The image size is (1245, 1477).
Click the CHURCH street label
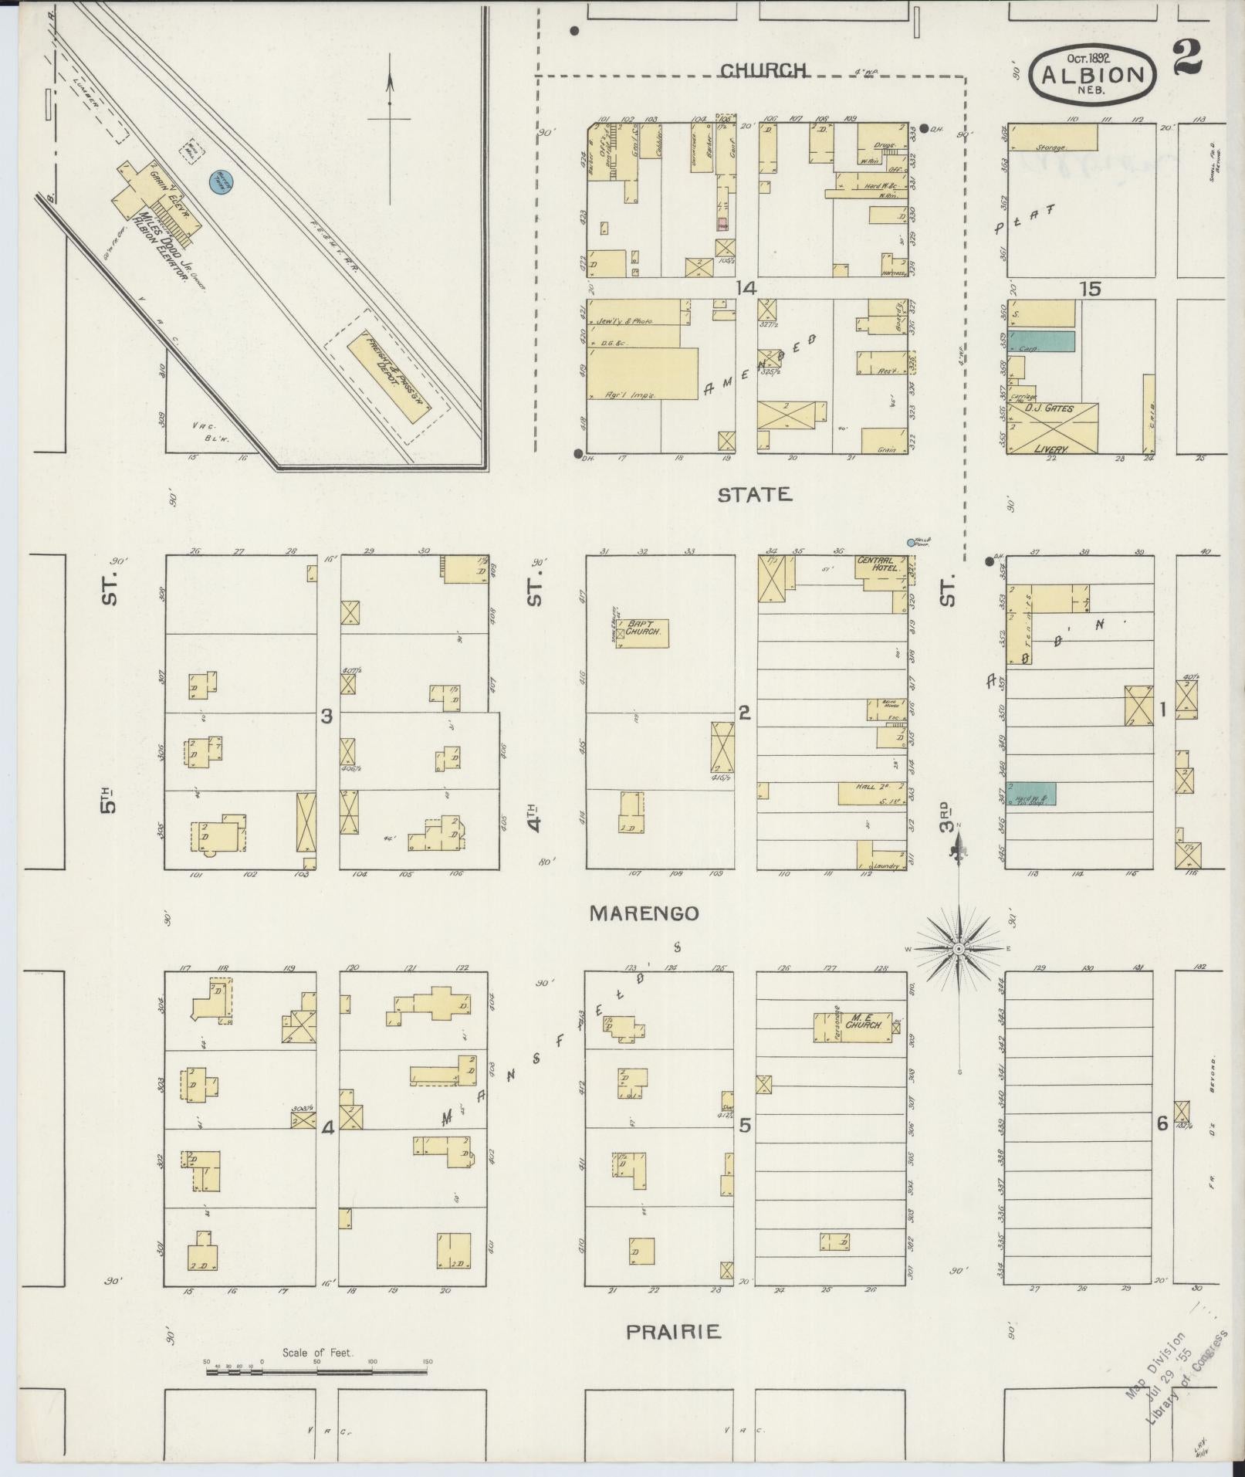[x=763, y=70]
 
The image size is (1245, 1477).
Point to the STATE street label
[x=755, y=495]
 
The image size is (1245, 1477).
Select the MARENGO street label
[x=644, y=913]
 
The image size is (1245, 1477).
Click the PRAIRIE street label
[x=673, y=1332]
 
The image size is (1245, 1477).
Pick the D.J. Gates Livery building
[x=1052, y=429]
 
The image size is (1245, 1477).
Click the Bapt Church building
[x=643, y=633]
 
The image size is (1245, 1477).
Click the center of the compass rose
[x=958, y=948]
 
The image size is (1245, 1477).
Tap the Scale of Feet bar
[x=316, y=1372]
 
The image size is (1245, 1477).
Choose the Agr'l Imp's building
[x=642, y=374]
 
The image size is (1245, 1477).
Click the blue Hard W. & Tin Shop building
[x=1032, y=794]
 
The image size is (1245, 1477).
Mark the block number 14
[x=746, y=288]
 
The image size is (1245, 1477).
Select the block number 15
[x=1090, y=290]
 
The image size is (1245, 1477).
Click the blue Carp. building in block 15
[x=1042, y=341]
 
